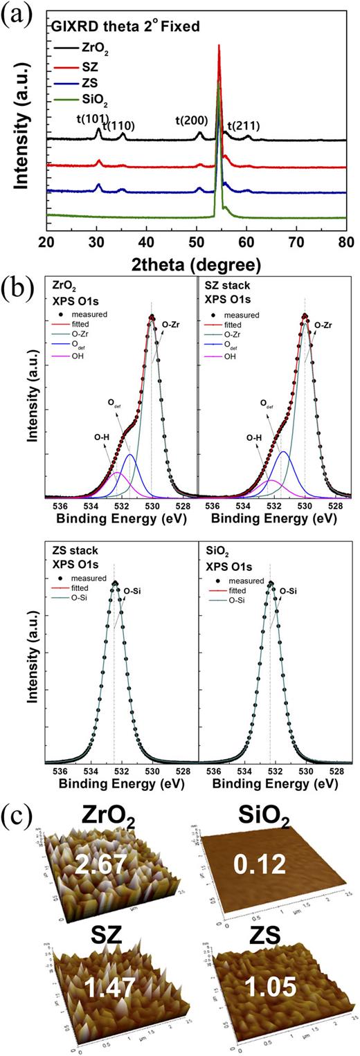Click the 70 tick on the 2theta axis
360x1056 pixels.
(x=296, y=242)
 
